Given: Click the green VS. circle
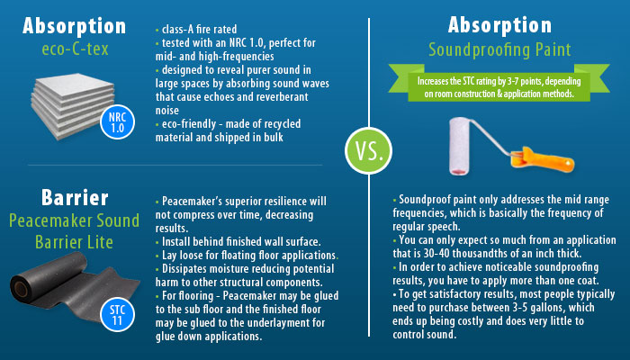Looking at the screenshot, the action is (368, 150).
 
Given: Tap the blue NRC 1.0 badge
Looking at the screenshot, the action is (117, 122).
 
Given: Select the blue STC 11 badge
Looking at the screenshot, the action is (117, 315).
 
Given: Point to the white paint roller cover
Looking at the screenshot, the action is (459, 146).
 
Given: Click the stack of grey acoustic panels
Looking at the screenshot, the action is (72, 105).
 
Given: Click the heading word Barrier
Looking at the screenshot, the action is (75, 198).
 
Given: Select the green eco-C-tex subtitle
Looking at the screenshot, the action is (75, 49).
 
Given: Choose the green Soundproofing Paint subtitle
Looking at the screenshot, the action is (499, 49).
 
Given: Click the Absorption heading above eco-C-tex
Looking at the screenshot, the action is (75, 26).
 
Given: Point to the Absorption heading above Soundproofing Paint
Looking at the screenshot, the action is (499, 25).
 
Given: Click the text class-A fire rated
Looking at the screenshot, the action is (199, 30).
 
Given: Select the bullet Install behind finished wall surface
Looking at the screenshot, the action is (238, 242).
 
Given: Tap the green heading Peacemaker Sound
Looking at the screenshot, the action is (75, 220).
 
